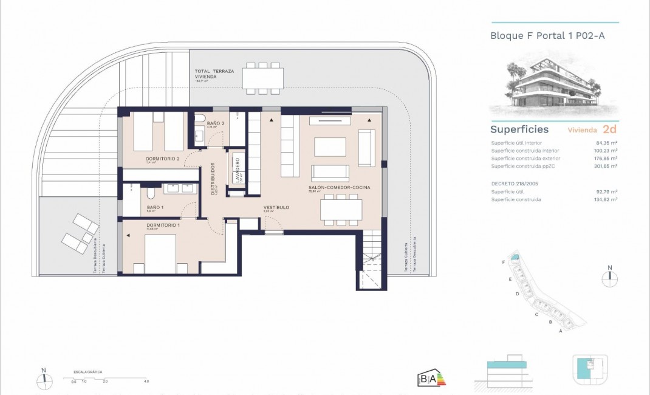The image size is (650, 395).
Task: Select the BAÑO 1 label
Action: click(x=156, y=207)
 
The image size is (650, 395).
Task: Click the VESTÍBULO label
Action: click(x=276, y=208)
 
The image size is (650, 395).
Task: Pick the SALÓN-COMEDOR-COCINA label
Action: click(x=339, y=188)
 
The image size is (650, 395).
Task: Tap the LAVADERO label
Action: click(x=237, y=170)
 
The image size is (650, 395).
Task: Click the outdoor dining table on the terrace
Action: click(x=263, y=78)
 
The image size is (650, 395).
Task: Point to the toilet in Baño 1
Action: click(x=149, y=194)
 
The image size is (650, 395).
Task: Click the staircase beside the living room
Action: click(x=369, y=261)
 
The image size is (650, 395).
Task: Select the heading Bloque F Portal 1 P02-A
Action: click(x=547, y=36)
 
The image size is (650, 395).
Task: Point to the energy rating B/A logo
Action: click(x=432, y=378)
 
